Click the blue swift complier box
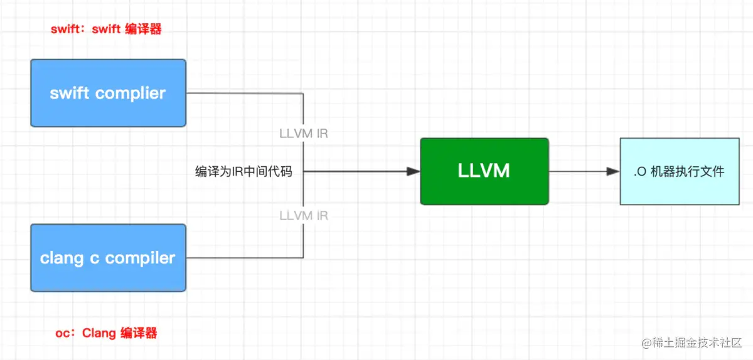108,93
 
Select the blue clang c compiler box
108,258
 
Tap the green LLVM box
484,171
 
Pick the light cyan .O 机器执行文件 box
680,171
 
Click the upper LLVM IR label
304,134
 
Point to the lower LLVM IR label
304,216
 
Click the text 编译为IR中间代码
243,171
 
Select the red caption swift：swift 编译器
106,29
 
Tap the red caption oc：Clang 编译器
106,333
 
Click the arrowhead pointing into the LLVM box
413,171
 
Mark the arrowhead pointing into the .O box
613,171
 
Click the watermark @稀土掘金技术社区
692,343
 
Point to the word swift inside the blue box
69,93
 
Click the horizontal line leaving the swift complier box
245,93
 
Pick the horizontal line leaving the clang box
245,258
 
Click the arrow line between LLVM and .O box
584,171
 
